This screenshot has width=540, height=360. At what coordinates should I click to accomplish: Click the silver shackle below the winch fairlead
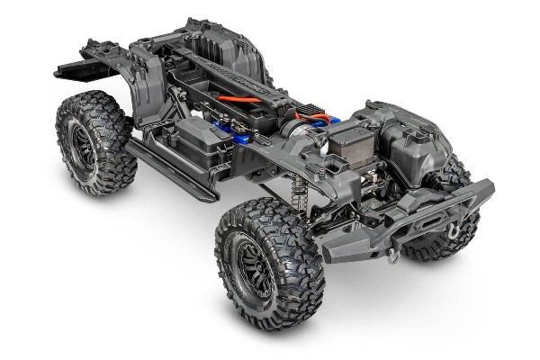(x=453, y=230)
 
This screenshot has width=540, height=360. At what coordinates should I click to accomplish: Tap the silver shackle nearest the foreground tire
(x=393, y=255)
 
